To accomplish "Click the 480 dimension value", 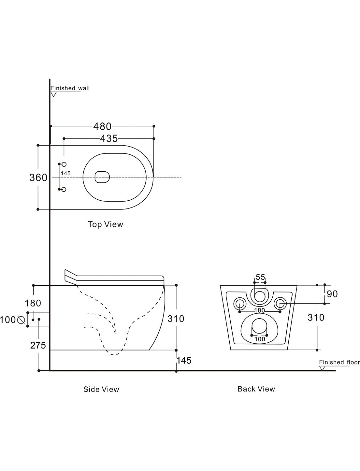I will (102, 126).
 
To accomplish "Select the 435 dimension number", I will (109, 138).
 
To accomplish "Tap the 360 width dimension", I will (38, 178).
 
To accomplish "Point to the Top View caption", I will (106, 224).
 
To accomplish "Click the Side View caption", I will (101, 389).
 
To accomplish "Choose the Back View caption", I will (256, 389).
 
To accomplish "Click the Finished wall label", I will (70, 88).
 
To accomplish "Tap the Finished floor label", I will (339, 362).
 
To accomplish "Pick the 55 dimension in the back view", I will (260, 277).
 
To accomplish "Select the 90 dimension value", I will (332, 294).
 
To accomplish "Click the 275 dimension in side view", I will (38, 346).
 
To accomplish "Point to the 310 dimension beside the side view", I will (176, 319).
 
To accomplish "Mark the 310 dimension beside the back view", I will (316, 317).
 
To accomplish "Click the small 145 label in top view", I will (66, 174).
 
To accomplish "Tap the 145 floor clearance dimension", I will (184, 360).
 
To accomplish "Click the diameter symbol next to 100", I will (21, 320).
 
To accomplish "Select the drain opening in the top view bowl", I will (102, 177).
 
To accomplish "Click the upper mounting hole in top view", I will (64, 164).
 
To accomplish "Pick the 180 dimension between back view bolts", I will (260, 310).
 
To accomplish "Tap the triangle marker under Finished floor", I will (323, 368).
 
